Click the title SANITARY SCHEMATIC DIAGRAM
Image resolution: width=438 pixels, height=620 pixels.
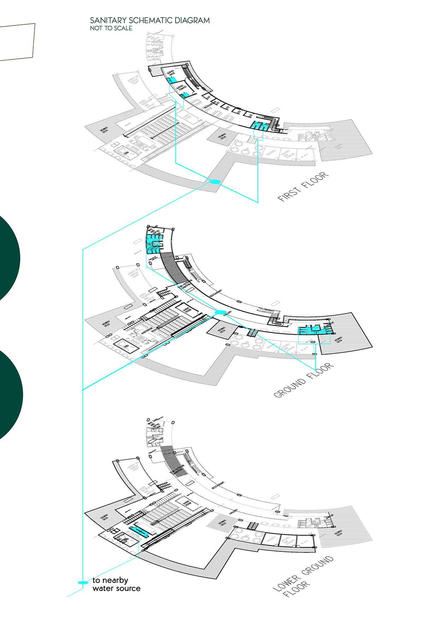point(149,21)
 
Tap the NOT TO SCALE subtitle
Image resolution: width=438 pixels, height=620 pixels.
point(111,28)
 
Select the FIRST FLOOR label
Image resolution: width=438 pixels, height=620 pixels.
point(303,187)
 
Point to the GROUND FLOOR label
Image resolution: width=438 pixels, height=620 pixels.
point(304,380)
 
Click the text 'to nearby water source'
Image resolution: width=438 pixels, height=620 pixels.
point(116,584)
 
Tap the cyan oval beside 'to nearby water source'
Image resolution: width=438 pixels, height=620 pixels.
point(83,582)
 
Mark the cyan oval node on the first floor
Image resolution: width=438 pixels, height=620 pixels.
point(215,182)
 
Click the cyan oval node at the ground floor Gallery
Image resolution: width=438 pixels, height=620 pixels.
point(220,312)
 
